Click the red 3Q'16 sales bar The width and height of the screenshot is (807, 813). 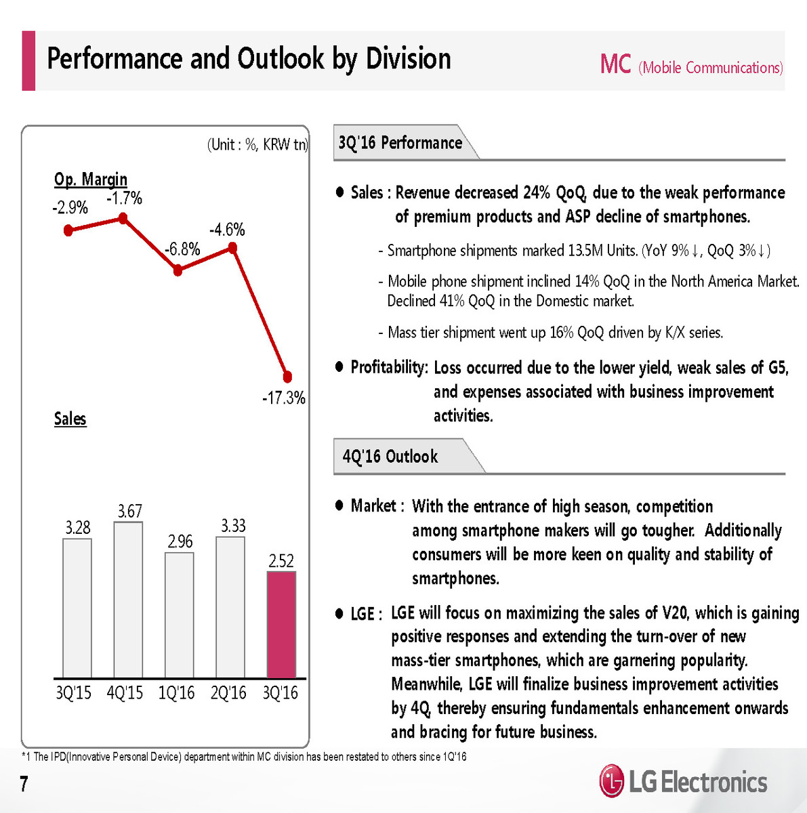tap(281, 625)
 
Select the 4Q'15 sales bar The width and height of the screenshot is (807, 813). tap(128, 600)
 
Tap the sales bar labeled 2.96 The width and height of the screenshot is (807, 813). tap(180, 615)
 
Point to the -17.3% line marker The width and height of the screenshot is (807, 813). tap(287, 376)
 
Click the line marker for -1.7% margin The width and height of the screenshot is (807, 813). tap(123, 218)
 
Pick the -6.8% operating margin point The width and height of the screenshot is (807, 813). tap(178, 270)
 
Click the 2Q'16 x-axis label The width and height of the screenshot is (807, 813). tap(228, 693)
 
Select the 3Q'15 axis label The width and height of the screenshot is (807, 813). tap(73, 693)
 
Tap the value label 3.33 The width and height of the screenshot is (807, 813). tap(233, 526)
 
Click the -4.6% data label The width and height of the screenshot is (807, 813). tap(227, 230)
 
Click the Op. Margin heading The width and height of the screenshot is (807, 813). tap(91, 180)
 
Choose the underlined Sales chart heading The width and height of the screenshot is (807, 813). tap(70, 419)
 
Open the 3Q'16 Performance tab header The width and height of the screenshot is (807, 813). tap(400, 143)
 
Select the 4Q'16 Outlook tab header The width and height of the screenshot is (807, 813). tap(390, 457)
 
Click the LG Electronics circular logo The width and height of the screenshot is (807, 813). tap(611, 781)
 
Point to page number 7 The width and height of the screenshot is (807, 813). tap(24, 784)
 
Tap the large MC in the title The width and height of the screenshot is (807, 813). tap(615, 65)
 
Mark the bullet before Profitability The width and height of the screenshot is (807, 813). tap(340, 367)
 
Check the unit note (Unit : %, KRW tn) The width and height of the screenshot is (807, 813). tap(257, 144)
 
